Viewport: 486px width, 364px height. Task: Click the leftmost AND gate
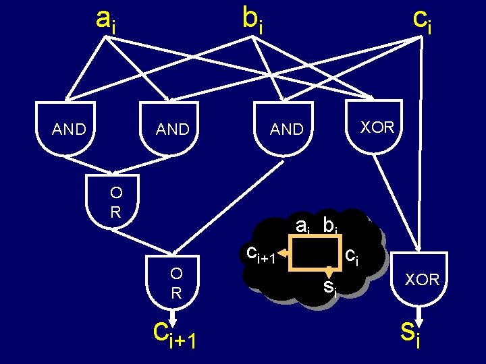pyautogui.click(x=68, y=128)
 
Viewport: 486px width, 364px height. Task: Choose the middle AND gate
pyautogui.click(x=172, y=128)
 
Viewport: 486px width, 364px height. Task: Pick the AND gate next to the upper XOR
pyautogui.click(x=286, y=128)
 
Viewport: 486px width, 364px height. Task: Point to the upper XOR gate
pyautogui.click(x=376, y=126)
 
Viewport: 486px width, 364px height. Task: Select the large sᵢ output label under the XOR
pyautogui.click(x=410, y=332)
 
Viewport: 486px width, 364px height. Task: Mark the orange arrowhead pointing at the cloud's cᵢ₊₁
pyautogui.click(x=286, y=253)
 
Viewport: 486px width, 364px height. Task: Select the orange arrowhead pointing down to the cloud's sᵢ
pyautogui.click(x=329, y=271)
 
